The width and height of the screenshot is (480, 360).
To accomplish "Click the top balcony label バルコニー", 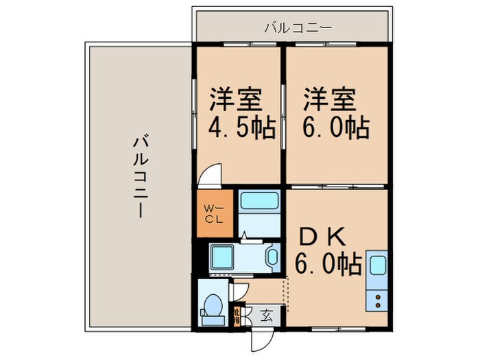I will pos(298,28).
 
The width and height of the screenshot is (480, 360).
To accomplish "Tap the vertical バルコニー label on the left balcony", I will pos(140,177).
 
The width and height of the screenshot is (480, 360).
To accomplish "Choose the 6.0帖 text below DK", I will pos(328,263).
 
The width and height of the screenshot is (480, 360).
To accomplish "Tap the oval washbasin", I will pos(272,258).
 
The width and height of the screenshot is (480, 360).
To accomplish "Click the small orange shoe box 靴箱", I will pos(236,315).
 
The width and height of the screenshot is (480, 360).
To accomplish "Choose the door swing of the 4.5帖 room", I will pos(211,175).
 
